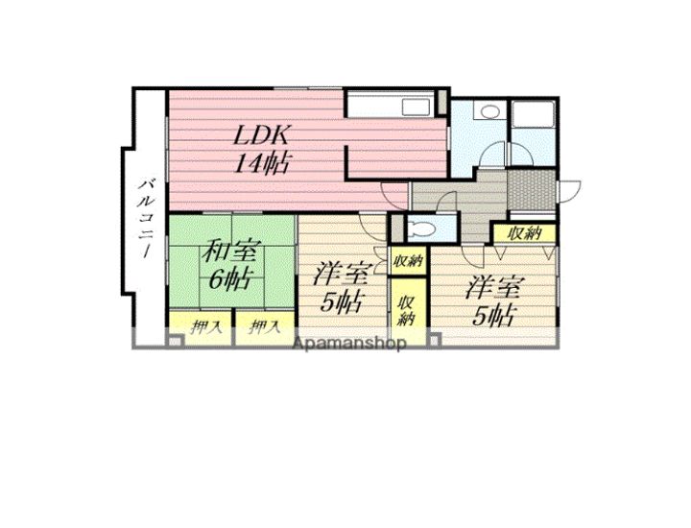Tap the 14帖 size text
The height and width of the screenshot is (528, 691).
pos(261,163)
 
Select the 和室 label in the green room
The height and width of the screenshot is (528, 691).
pos(232,251)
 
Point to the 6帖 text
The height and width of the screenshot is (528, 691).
pos(231,277)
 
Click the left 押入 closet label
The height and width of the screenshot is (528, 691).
pos(205,328)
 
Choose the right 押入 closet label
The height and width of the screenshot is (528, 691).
pos(264,328)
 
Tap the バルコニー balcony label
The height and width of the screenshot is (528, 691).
pos(147,218)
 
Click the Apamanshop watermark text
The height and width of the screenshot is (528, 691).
pos(349,343)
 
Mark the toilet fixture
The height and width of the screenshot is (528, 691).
pos(421,228)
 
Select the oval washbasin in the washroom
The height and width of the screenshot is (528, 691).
pos(489,111)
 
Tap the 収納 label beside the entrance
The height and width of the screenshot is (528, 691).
pos(524,232)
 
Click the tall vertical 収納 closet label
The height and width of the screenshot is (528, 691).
pos(406,310)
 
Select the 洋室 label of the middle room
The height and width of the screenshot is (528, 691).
pos(341,275)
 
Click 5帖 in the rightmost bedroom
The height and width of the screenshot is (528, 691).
pos(493,315)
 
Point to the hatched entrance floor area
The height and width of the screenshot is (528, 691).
pos(531,190)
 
